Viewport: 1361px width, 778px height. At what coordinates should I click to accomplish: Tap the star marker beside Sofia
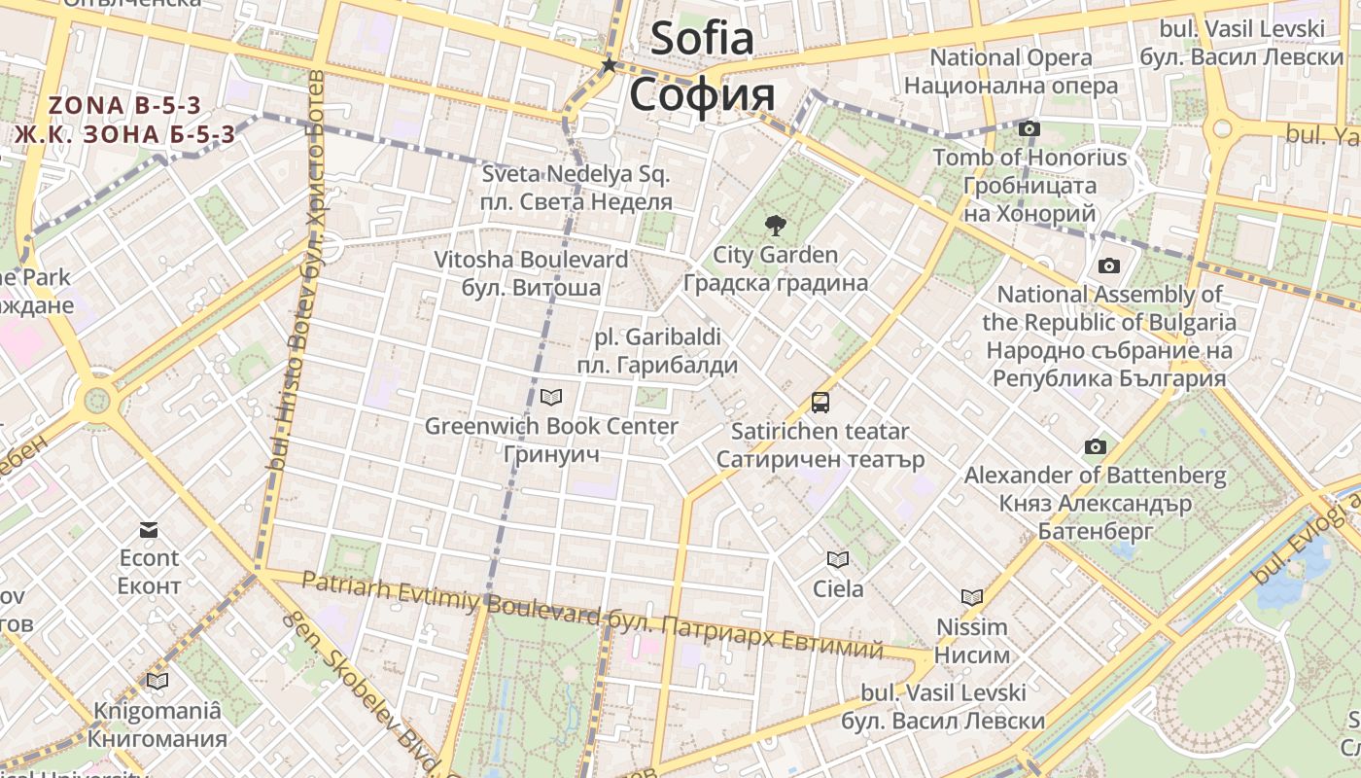[x=610, y=65]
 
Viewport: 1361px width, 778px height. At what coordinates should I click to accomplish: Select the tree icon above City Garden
[x=775, y=227]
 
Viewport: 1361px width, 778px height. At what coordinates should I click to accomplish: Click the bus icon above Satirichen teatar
[x=820, y=402]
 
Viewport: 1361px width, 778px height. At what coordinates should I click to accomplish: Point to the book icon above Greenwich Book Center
[x=551, y=397]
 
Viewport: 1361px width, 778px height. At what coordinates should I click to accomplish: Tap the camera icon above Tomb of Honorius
[x=1029, y=128]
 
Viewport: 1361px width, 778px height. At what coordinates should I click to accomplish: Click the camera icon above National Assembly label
[x=1108, y=265]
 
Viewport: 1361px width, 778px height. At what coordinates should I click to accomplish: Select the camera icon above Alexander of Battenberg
[x=1096, y=446]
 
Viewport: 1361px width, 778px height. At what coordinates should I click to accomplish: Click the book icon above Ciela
[x=837, y=559]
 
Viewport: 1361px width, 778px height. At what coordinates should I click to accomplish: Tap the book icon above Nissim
[x=971, y=597]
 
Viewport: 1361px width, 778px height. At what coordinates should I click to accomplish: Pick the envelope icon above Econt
[x=149, y=530]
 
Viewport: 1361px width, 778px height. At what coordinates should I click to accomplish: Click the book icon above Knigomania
[x=157, y=681]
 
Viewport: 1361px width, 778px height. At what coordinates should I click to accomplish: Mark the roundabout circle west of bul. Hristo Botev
[x=97, y=400]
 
